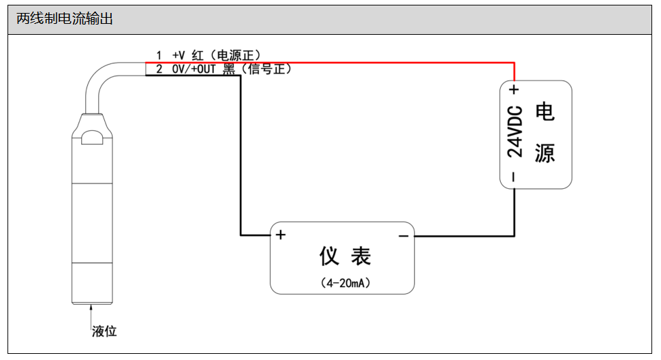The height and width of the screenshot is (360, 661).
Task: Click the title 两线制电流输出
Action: (65, 20)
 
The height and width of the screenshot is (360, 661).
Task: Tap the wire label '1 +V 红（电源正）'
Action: (208, 55)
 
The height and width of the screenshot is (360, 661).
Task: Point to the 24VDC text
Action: (516, 132)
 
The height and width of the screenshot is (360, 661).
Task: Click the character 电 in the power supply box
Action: (544, 112)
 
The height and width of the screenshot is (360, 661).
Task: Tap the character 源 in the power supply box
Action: (544, 153)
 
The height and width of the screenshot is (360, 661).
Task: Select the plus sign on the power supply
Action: (514, 89)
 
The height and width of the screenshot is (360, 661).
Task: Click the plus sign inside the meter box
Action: (280, 235)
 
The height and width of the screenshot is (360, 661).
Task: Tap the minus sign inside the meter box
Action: (403, 236)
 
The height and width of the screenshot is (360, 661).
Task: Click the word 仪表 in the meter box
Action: (345, 256)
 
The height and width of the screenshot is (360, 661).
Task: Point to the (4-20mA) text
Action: (345, 282)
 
